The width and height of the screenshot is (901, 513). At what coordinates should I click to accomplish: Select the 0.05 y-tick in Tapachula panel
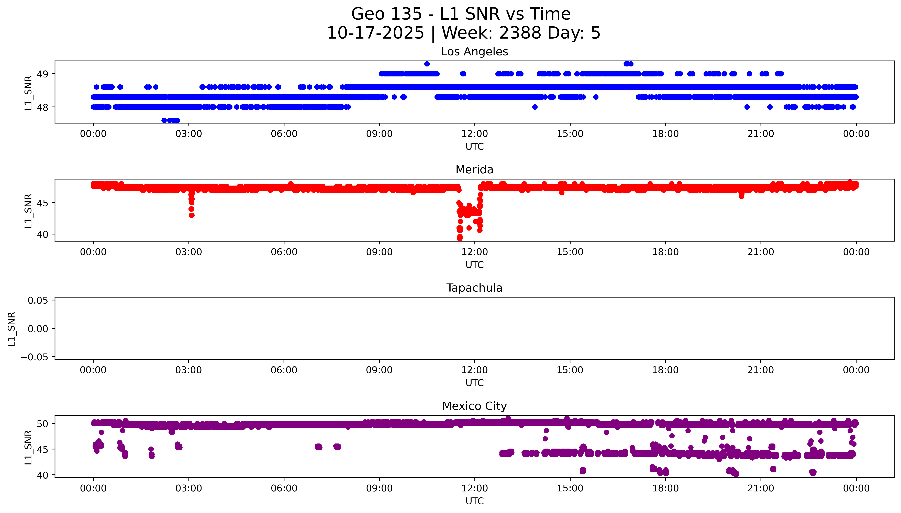point(38,301)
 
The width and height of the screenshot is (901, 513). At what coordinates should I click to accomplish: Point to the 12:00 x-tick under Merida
point(475,252)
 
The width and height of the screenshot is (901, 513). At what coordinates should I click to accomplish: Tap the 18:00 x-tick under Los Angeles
point(665,134)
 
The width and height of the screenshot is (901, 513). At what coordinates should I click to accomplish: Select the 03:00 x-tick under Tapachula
point(188,370)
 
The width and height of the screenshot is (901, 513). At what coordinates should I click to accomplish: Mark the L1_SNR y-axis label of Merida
point(28,211)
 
